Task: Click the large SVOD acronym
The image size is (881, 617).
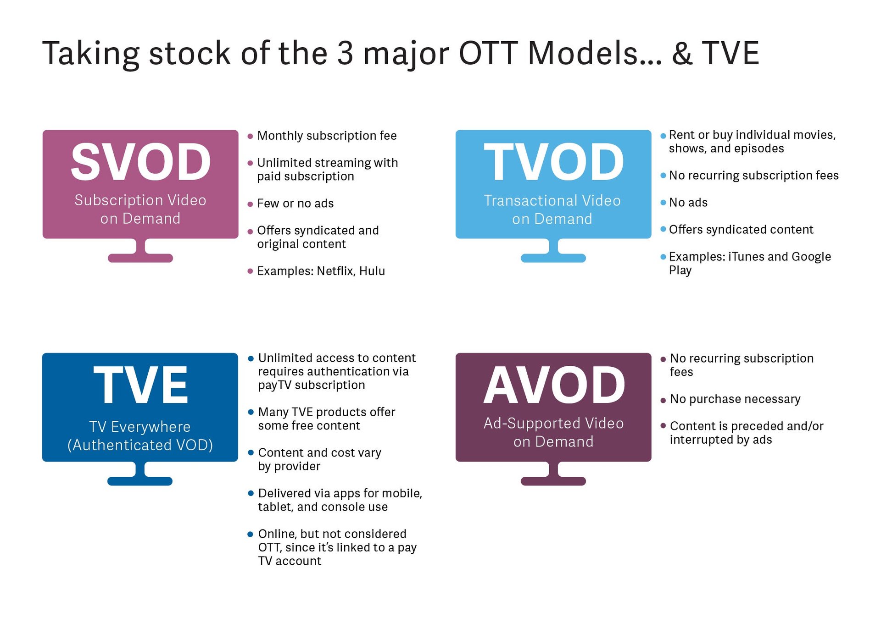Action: (x=140, y=162)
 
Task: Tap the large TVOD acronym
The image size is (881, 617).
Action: (x=554, y=162)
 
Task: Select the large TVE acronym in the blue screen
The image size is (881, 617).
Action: (x=140, y=385)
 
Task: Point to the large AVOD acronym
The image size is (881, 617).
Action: (x=554, y=385)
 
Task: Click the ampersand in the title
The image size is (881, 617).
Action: (x=682, y=53)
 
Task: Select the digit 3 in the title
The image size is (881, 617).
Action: (x=345, y=53)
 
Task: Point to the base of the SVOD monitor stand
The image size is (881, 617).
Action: (x=140, y=258)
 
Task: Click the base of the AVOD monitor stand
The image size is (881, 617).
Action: (x=553, y=481)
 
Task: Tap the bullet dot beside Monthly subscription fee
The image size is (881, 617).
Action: (x=250, y=136)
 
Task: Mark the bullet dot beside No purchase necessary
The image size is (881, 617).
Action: (x=663, y=400)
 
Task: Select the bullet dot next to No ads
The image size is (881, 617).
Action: (x=663, y=203)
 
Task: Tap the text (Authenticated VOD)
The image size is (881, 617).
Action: (x=140, y=445)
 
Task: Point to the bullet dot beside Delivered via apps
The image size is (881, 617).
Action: (x=251, y=494)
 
